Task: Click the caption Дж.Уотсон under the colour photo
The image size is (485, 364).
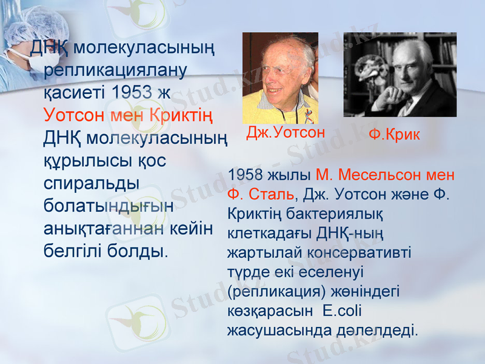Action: tap(286, 133)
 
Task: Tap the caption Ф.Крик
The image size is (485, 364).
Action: tap(394, 135)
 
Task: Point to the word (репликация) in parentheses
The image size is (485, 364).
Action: tap(273, 292)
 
